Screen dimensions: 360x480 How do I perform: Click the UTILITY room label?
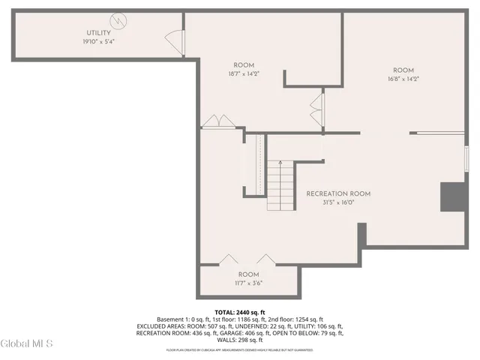click(x=98, y=33)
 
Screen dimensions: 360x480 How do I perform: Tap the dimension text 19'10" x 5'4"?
click(x=98, y=41)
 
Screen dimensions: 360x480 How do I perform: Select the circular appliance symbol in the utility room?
click(x=118, y=20)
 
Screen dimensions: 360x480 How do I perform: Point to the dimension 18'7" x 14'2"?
click(x=244, y=73)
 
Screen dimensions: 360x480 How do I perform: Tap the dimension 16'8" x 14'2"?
click(x=403, y=79)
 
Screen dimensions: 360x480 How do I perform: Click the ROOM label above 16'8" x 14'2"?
click(x=403, y=70)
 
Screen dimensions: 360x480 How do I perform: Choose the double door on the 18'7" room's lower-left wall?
click(x=217, y=121)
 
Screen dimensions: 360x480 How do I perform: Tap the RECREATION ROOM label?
click(x=338, y=193)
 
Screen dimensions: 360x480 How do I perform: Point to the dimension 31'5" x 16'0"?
click(x=338, y=202)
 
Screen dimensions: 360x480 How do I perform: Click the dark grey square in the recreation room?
click(x=454, y=196)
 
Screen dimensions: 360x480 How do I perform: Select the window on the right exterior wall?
click(x=466, y=158)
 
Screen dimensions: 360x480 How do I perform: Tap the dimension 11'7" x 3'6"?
click(x=248, y=283)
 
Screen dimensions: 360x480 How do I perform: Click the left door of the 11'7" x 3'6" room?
click(x=229, y=259)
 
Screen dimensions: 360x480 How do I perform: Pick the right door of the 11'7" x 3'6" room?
click(x=266, y=259)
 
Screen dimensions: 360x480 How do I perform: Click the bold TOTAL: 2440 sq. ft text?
click(x=240, y=312)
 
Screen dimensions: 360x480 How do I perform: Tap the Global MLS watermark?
click(x=27, y=343)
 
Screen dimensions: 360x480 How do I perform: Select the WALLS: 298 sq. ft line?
click(x=240, y=340)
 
